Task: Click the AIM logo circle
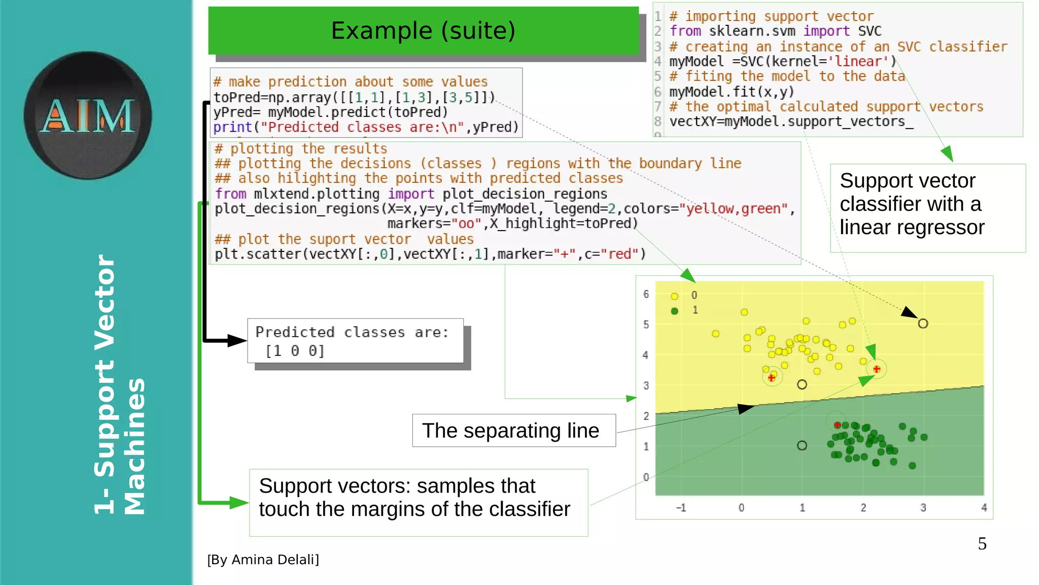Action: point(87,115)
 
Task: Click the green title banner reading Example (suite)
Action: point(423,30)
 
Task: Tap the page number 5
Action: point(982,544)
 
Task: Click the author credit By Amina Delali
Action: point(263,560)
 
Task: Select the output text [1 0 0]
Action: point(295,351)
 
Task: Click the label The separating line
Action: point(510,431)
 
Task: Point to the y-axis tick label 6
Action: point(646,294)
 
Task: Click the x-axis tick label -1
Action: point(681,508)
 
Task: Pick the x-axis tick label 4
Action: point(984,508)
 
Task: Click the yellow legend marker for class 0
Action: point(674,296)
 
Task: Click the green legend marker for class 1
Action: point(674,311)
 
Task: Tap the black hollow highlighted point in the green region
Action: point(802,445)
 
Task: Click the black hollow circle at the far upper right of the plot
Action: point(923,323)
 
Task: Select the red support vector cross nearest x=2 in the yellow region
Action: point(877,369)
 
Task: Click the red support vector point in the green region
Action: point(837,425)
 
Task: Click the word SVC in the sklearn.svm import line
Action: point(870,31)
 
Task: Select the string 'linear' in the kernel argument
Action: point(858,61)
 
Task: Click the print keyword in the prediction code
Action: point(232,127)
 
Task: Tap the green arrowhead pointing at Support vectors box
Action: point(238,503)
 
